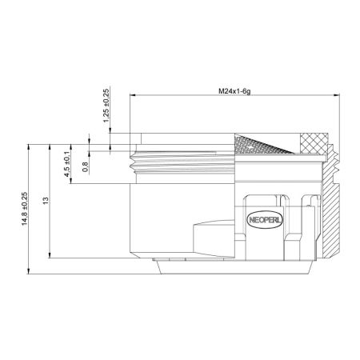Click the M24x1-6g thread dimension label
tap(234, 92)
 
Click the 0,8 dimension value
tap(86, 167)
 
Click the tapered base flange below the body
tap(232, 265)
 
